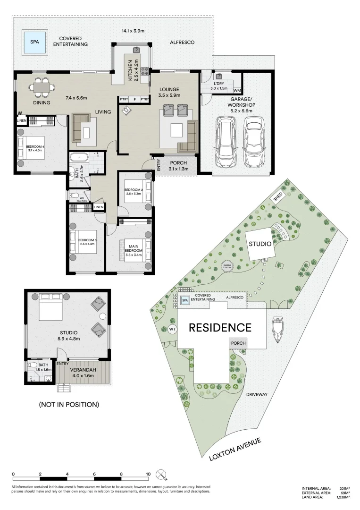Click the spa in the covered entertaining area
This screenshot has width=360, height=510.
coord(34,42)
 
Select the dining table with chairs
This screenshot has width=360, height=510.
coord(42,87)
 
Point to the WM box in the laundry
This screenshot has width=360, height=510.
coord(237,90)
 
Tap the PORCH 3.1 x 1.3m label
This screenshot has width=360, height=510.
coord(175,166)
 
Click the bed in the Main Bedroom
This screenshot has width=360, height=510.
coord(136,249)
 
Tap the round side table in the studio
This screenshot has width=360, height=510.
coord(103,316)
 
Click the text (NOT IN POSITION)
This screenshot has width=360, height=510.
coord(69,404)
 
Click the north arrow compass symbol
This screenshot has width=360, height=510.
coord(162,473)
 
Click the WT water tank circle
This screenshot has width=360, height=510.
coord(172,329)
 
